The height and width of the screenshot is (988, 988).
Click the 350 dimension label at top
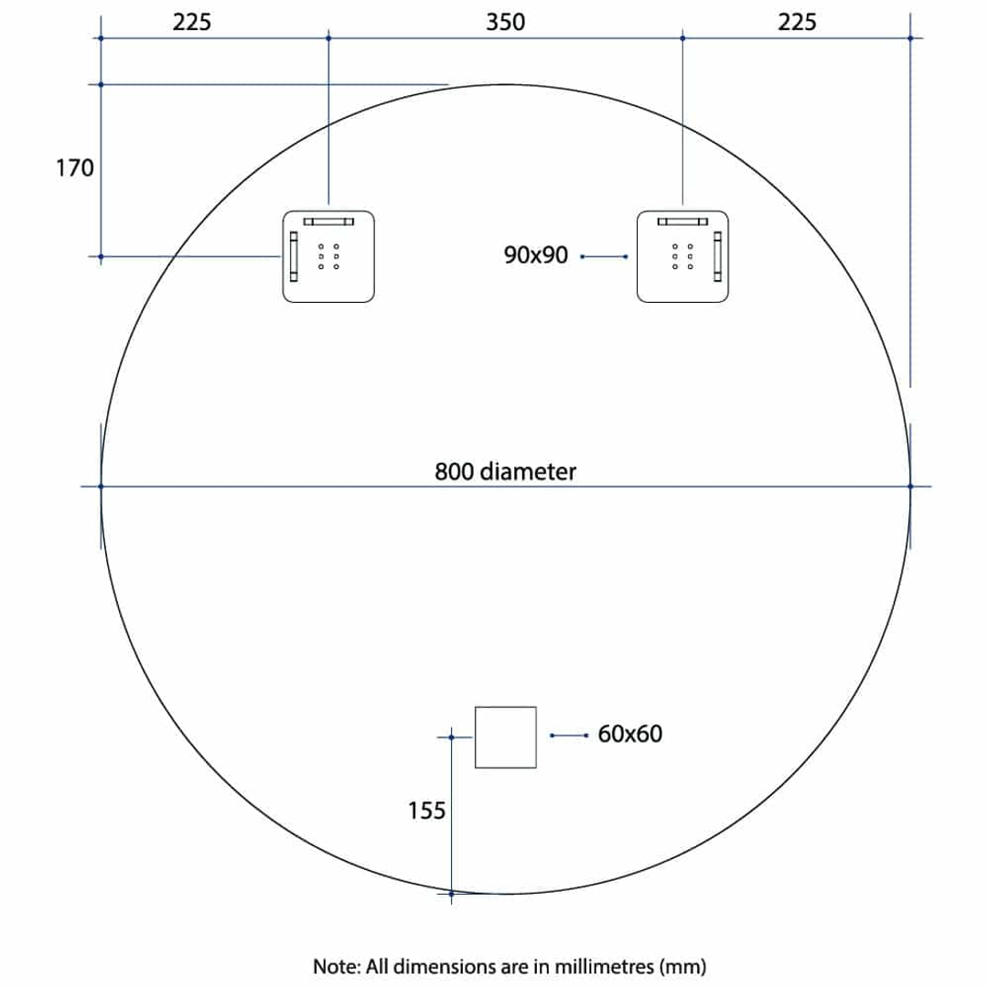[x=506, y=22]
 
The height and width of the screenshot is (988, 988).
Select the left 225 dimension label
[x=191, y=22]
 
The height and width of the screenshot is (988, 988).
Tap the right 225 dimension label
[x=797, y=22]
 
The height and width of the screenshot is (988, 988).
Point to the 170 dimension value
[x=75, y=168]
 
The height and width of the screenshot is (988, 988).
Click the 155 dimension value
[x=426, y=810]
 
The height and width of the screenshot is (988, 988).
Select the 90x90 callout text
[x=535, y=256]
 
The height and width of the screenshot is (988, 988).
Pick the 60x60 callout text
[x=629, y=734]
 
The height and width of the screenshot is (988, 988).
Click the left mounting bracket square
[x=328, y=256]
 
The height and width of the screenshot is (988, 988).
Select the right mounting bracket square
[x=682, y=256]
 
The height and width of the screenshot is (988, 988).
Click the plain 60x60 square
[x=505, y=736]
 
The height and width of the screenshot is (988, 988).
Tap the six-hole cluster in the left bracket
[x=328, y=257]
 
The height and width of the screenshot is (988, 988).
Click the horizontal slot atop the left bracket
[x=328, y=220]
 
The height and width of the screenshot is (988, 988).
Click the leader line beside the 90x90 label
[x=603, y=257]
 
